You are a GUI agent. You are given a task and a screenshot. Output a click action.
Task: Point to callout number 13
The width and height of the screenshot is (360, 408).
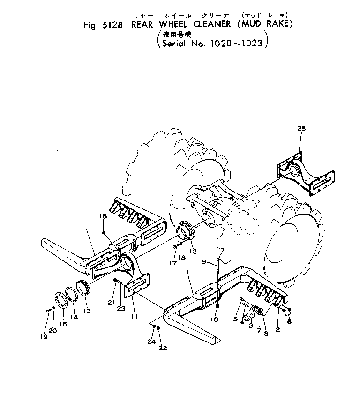pyautogui.click(x=88, y=311)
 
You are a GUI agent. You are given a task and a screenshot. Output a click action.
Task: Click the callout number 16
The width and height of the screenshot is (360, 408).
pyautogui.click(x=63, y=323)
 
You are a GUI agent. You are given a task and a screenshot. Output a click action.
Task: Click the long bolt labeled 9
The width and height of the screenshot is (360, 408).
pyautogui.click(x=218, y=269)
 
